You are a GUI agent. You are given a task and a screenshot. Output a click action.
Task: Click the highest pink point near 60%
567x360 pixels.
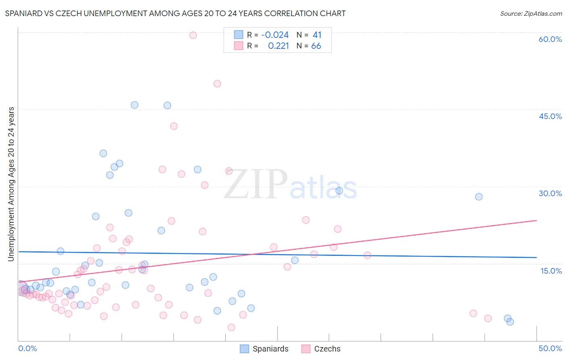pyautogui.click(x=193, y=35)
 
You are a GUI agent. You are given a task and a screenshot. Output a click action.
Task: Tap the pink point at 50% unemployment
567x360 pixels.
pyautogui.click(x=217, y=84)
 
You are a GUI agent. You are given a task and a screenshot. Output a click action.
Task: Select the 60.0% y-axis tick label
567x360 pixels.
pyautogui.click(x=550, y=39)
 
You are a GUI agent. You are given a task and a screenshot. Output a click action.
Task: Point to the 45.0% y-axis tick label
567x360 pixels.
pyautogui.click(x=550, y=116)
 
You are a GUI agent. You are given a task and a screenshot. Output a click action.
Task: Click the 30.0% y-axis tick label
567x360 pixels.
pyautogui.click(x=550, y=193)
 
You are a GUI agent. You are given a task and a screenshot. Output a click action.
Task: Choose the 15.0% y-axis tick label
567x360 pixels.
pyautogui.click(x=551, y=271)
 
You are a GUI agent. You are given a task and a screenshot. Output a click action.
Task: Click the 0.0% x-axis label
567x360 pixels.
pyautogui.click(x=27, y=348)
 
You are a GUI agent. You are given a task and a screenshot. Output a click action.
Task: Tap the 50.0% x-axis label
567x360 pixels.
pyautogui.click(x=550, y=348)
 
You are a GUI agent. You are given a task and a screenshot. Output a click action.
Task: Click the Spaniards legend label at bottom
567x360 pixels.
pyautogui.click(x=271, y=349)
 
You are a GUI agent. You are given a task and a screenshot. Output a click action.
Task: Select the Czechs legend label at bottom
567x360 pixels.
pyautogui.click(x=327, y=349)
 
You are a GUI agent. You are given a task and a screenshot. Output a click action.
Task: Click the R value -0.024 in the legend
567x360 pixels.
pyautogui.click(x=275, y=35)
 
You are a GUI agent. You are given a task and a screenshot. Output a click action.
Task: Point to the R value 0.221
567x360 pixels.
pyautogui.click(x=278, y=46)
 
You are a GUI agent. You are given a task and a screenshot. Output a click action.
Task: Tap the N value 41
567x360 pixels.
pyautogui.click(x=317, y=35)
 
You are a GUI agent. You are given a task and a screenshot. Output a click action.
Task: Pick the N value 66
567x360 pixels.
pyautogui.click(x=316, y=46)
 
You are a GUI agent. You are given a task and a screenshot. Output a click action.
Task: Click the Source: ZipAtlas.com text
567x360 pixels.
pyautogui.click(x=531, y=14)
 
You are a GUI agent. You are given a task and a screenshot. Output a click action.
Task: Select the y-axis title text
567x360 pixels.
pyautogui.click(x=11, y=184)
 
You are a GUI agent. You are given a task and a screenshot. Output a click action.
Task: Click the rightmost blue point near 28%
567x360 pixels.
pyautogui.click(x=479, y=197)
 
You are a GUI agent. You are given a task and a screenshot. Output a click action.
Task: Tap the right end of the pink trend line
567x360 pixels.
pyautogui.click(x=537, y=220)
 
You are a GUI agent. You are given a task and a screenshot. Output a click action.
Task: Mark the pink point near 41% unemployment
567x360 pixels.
pyautogui.click(x=174, y=126)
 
